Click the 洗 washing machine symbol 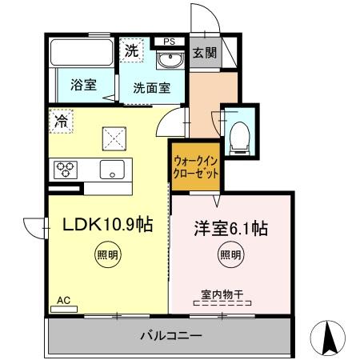tap(132, 50)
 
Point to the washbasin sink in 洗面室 tap(169, 61)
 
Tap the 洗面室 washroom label tap(150, 87)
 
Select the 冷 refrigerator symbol tap(61, 122)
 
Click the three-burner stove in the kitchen tap(66, 169)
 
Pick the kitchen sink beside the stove tap(110, 170)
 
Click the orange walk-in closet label tap(196, 166)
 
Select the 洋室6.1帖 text tap(230, 228)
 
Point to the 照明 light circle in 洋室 tap(230, 256)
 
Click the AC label tap(64, 300)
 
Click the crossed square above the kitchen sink tap(114, 138)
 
